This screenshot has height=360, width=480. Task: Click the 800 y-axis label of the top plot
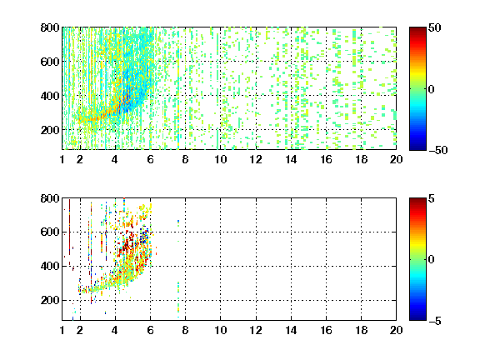coord(50,27)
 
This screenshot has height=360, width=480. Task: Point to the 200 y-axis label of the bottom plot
coord(50,300)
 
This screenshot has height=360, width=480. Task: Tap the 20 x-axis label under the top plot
coord(396,159)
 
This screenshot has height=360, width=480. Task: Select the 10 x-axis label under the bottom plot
coord(220,330)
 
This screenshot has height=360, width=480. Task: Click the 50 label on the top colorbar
coord(434,27)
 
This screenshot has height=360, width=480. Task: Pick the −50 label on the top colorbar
coord(437,150)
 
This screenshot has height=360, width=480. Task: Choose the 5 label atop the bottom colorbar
coord(432,198)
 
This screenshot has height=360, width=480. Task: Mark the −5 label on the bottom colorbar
coord(435,321)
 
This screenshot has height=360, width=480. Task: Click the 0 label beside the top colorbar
coord(432,89)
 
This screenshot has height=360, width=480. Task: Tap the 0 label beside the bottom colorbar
coord(432,260)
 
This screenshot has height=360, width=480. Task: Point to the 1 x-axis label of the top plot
coord(62,159)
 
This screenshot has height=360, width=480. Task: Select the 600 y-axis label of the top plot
coord(50,62)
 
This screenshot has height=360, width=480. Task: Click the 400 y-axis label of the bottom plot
coord(50,266)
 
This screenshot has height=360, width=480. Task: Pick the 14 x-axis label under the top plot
coord(291,159)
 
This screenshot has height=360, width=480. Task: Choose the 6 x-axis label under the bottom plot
coord(150,330)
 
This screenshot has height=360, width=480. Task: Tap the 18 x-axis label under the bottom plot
coord(361,330)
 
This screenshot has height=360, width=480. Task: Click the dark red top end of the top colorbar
coord(417,28)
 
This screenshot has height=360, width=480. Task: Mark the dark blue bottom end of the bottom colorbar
coord(417,319)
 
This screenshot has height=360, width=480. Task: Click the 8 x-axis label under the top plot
coord(185,159)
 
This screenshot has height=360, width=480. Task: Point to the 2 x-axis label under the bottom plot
coord(80,330)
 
